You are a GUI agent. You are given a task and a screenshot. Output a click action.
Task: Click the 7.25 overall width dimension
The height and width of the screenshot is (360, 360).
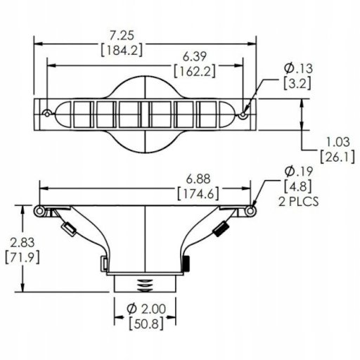[122, 36]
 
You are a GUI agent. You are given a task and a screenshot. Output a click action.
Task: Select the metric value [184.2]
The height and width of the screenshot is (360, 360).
[122, 50]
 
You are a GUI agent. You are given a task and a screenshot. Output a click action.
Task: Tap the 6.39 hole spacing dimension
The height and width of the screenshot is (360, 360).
[195, 57]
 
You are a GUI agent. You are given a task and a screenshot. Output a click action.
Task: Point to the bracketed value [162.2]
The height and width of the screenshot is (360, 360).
[195, 71]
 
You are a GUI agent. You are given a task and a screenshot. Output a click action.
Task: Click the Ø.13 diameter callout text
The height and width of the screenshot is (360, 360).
[298, 68]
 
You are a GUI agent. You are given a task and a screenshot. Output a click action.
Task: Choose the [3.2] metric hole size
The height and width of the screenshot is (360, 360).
[297, 83]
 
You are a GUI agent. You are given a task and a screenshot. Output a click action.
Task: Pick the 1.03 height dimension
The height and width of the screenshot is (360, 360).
[337, 142]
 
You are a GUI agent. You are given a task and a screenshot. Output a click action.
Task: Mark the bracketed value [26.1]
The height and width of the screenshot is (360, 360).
[337, 157]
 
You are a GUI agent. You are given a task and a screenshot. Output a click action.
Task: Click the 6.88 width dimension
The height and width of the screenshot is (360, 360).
[198, 179]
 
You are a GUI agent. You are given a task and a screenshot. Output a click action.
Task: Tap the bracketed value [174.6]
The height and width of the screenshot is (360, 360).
[198, 193]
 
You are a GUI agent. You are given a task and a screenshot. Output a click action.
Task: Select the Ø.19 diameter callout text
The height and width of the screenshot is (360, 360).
[299, 172]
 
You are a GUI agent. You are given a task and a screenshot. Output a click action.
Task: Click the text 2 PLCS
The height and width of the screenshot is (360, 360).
[299, 202]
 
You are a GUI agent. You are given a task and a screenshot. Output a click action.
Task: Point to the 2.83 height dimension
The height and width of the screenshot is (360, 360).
[22, 243]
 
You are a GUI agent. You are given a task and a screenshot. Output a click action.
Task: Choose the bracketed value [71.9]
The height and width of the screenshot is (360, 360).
[22, 257]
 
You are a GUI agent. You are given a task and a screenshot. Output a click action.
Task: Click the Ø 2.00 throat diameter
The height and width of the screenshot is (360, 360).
[146, 309]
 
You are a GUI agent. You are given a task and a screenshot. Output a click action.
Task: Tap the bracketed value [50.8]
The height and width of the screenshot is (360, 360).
[146, 323]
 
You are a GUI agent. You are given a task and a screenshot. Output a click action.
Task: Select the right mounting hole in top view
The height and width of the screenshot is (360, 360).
[243, 115]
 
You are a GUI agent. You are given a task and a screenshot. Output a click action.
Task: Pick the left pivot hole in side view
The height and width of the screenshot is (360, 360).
[39, 211]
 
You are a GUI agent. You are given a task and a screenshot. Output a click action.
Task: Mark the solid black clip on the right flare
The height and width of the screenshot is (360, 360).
[221, 229]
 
